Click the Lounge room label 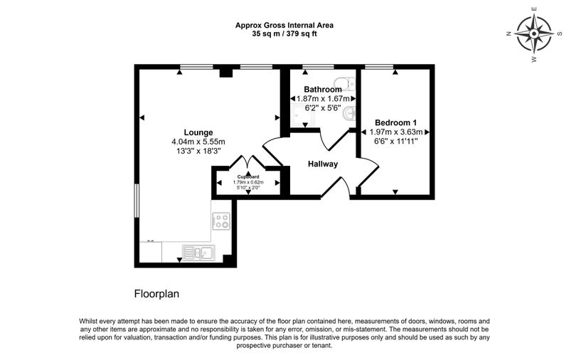198,132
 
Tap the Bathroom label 323,89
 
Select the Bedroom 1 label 396,122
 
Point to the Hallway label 323,164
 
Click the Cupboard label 248,176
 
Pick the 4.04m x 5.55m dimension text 198,142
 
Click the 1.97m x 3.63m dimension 396,132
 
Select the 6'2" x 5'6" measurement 323,107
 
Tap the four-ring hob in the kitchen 221,221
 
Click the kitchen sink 198,253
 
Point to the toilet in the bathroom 346,84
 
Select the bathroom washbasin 349,114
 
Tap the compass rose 534,33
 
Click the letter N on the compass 509,33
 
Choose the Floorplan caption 156,294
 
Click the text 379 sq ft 302,34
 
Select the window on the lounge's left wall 137,201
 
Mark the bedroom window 379,66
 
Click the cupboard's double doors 248,162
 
